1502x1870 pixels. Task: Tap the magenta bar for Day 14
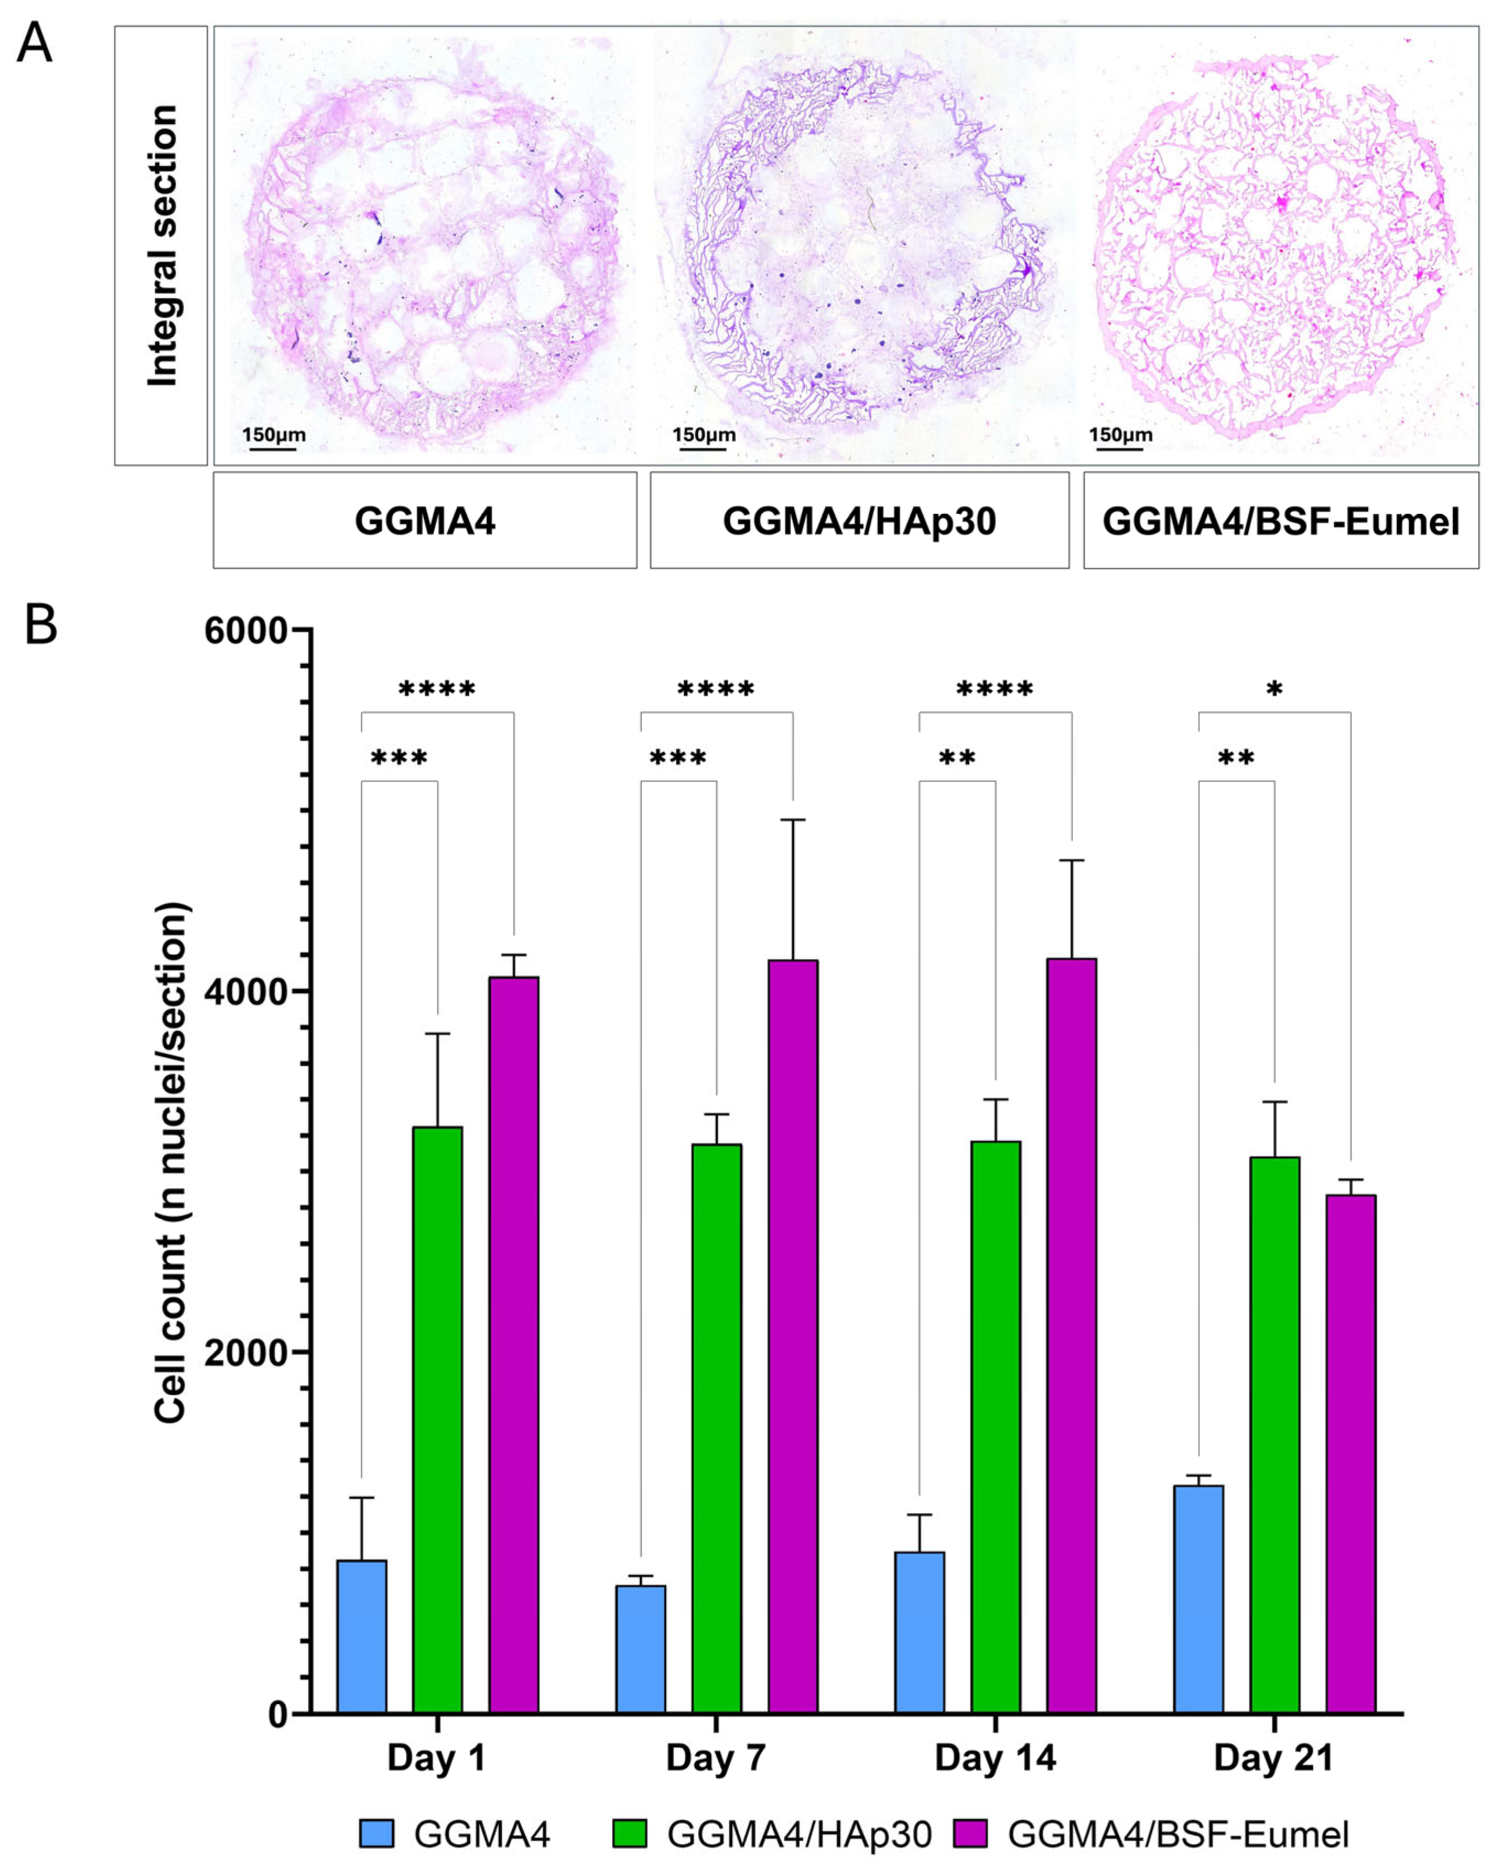(x=1071, y=1336)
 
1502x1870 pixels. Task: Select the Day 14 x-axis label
(x=995, y=1758)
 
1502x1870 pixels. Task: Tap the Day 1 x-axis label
(x=436, y=1758)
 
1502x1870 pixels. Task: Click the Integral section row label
(x=161, y=246)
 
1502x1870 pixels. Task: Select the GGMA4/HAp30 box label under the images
(x=858, y=521)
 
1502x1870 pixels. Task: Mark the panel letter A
(x=35, y=44)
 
